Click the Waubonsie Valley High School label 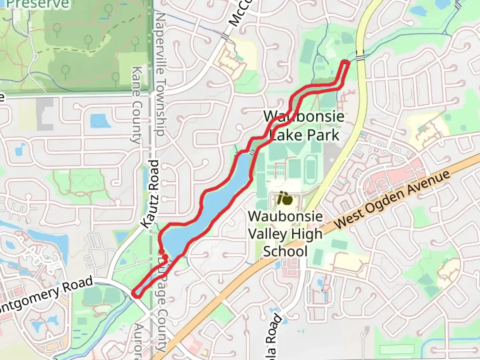pos(285,234)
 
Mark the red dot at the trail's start pos(161,252)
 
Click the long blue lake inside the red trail pos(213,200)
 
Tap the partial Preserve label pos(37,4)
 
